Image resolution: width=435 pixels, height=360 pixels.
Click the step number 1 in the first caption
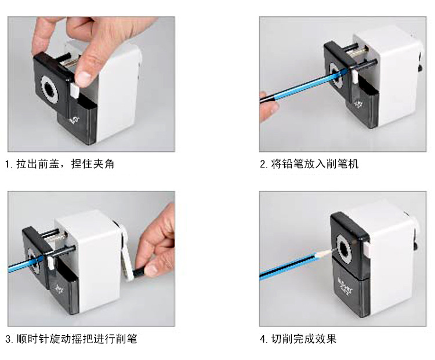[8, 164]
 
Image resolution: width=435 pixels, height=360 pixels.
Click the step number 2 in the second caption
[263, 164]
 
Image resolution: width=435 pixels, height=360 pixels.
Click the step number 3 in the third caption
[8, 339]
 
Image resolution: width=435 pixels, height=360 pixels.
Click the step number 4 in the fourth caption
[263, 339]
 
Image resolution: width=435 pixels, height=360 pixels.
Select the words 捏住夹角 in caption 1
[93, 164]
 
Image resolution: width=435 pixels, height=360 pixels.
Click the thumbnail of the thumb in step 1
[84, 78]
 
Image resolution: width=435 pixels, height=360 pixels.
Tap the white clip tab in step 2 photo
[355, 77]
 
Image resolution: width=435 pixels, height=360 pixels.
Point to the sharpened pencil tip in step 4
[330, 251]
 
